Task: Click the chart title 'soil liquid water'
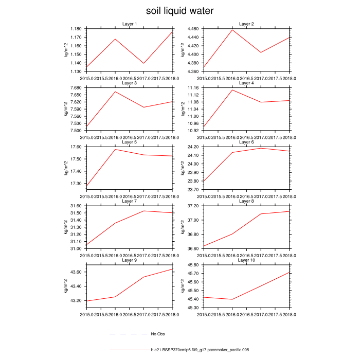click(x=179, y=11)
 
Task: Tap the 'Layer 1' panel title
click(x=130, y=24)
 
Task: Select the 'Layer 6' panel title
click(x=246, y=142)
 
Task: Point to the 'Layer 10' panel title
click(x=246, y=260)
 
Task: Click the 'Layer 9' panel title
click(x=130, y=260)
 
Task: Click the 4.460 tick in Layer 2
click(x=193, y=29)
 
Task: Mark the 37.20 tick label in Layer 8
click(x=194, y=206)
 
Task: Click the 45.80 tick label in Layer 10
click(x=194, y=265)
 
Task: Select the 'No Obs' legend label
click(x=157, y=334)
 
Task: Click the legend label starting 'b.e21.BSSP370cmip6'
click(x=200, y=350)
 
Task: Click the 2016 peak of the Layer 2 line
click(x=232, y=30)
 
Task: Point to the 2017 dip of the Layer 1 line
click(x=144, y=63)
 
